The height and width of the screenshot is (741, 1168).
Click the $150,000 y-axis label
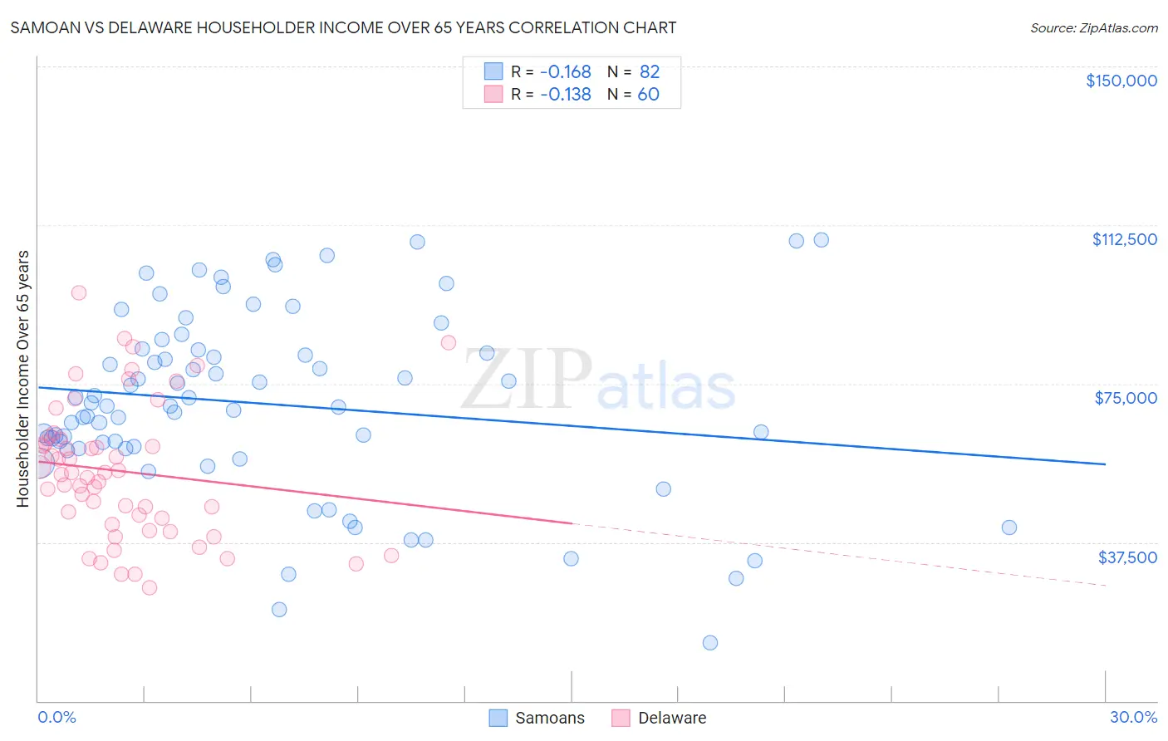point(1121,81)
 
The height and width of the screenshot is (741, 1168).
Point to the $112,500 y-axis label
point(1124,239)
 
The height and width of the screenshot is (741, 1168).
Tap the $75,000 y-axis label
point(1126,398)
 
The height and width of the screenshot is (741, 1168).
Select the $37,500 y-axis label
point(1127,557)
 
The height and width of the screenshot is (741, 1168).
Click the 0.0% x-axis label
point(56,717)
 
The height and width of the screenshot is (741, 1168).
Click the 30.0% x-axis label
point(1133,717)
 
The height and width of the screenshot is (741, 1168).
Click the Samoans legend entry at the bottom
point(549,718)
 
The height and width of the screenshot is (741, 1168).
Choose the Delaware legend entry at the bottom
point(671,718)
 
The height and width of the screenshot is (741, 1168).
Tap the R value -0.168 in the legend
point(565,72)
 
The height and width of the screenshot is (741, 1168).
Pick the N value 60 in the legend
point(648,95)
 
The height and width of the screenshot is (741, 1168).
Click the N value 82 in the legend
point(649,72)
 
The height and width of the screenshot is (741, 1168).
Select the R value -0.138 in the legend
point(565,95)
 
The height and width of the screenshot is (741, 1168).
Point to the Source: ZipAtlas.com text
point(1093,27)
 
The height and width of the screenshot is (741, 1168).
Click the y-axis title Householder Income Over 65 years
point(23,379)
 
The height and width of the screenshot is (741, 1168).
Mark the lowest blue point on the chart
point(710,642)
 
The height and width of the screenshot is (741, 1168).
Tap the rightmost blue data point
point(1009,528)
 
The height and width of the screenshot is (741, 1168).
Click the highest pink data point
point(79,292)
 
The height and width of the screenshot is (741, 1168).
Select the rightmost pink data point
point(448,342)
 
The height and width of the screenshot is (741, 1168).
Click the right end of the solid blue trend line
point(1105,464)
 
